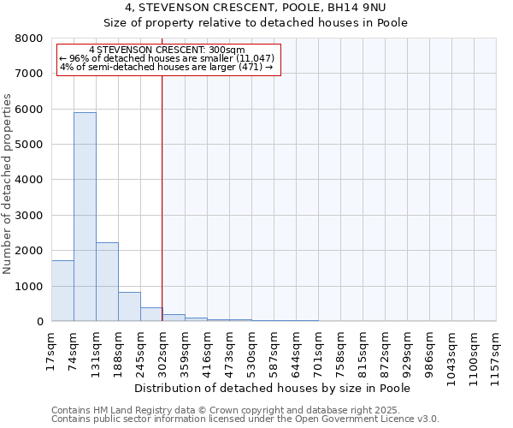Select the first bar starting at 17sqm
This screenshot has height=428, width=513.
point(62,291)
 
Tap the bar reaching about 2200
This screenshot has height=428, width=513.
point(107,282)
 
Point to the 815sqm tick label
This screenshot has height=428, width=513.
point(363,351)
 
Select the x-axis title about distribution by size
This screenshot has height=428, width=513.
point(273,388)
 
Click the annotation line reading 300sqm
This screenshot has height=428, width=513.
point(167,50)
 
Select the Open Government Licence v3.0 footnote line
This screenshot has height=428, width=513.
point(245,419)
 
